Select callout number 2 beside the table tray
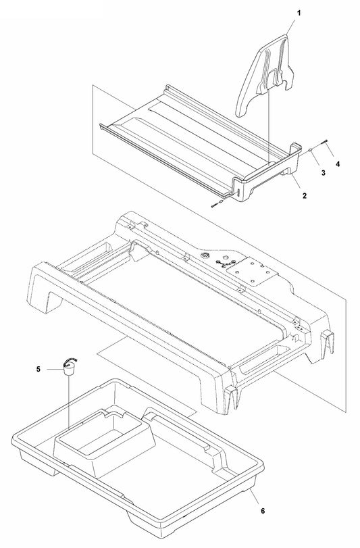click(x=305, y=195)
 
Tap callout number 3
click(x=324, y=174)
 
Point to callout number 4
click(x=338, y=164)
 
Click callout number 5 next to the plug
click(x=38, y=369)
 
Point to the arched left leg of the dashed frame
click(x=47, y=291)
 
